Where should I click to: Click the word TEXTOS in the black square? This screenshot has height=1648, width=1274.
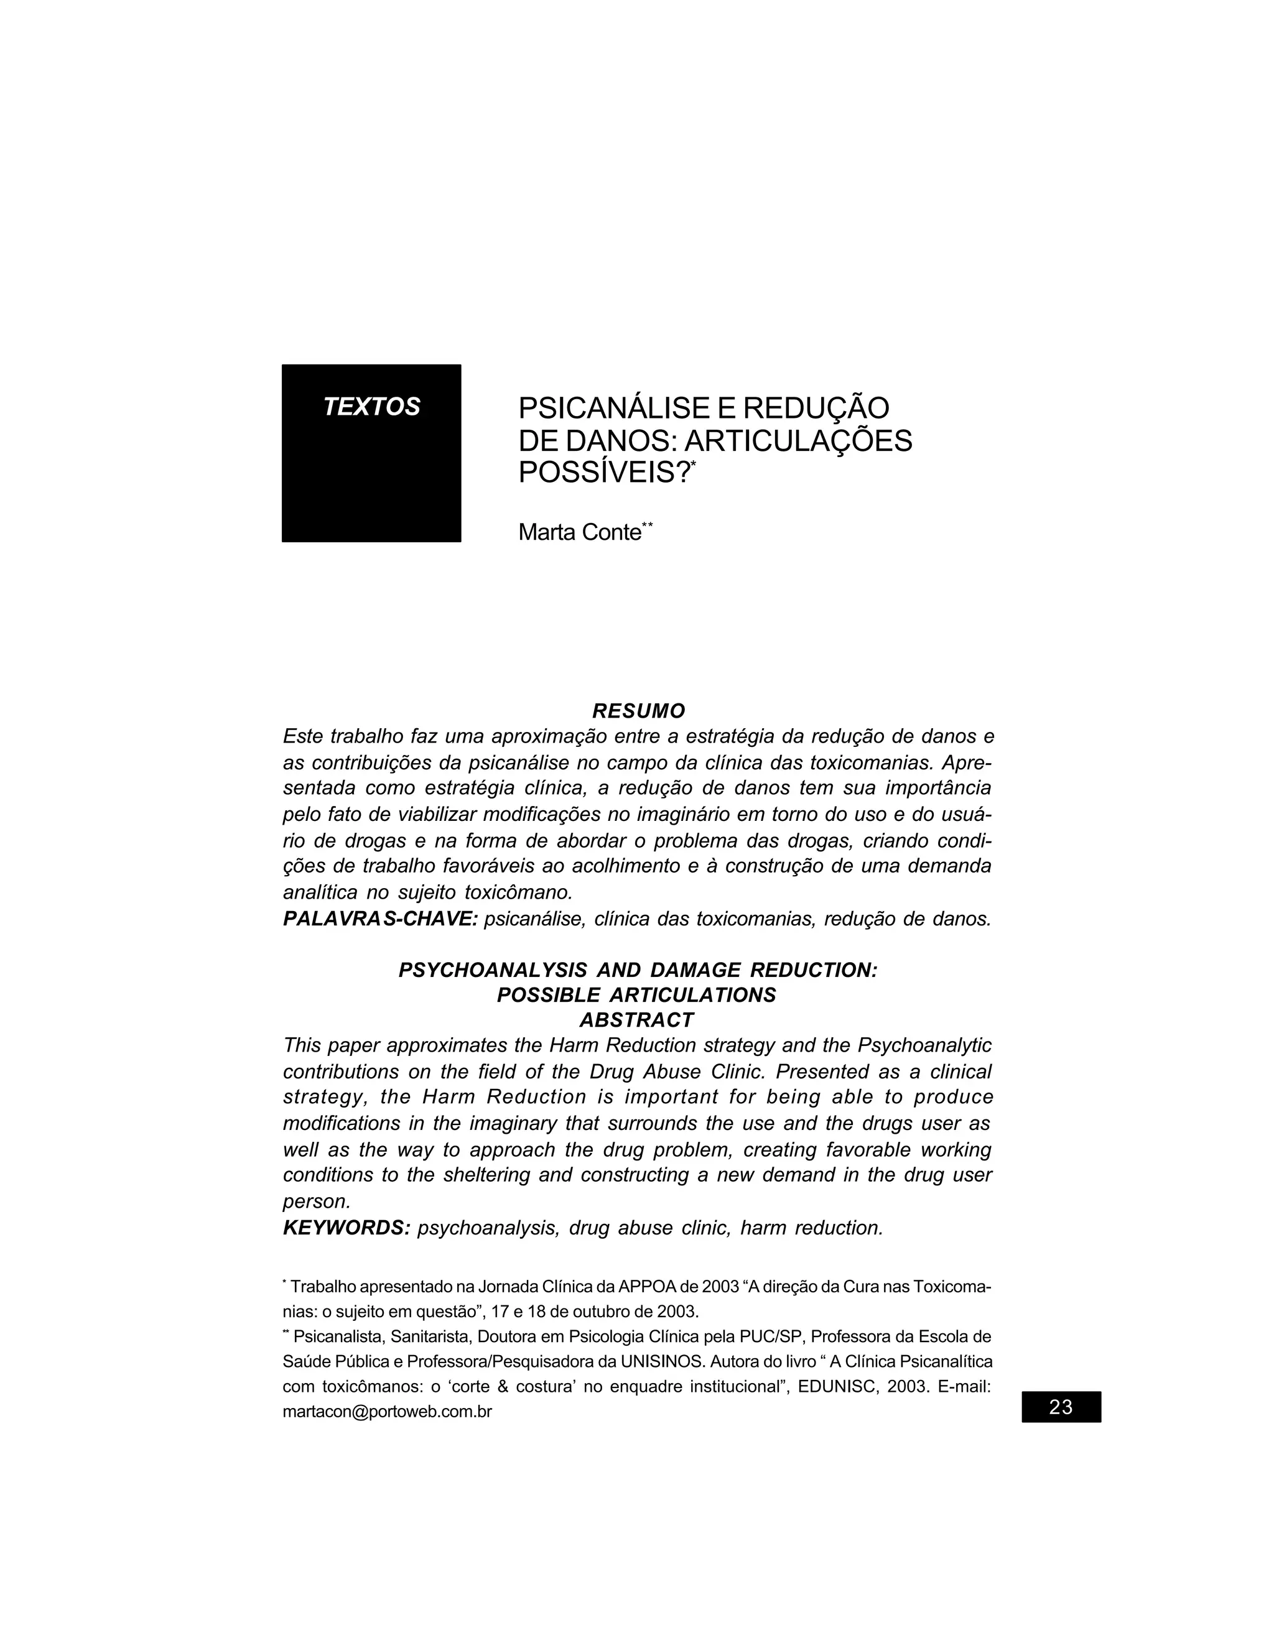click(x=371, y=407)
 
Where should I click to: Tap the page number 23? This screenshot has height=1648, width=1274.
click(x=1061, y=1407)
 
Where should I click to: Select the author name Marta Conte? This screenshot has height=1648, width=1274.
click(x=579, y=533)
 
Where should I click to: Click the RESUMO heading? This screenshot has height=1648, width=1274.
click(x=638, y=711)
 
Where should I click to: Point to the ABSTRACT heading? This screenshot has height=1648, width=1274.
click(x=636, y=1020)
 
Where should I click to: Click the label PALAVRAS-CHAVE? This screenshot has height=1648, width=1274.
click(x=380, y=919)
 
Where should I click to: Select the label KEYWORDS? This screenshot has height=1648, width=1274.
click(x=346, y=1228)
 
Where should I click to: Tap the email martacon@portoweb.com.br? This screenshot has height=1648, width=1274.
click(x=387, y=1411)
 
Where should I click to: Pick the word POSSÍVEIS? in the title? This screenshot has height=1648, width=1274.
click(x=605, y=473)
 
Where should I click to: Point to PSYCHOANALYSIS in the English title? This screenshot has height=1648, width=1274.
click(x=492, y=970)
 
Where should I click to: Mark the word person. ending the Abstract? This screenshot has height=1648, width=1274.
click(x=316, y=1201)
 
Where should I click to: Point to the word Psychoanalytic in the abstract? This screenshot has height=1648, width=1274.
click(x=924, y=1046)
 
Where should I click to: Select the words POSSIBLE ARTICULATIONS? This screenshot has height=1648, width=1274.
click(x=636, y=995)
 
